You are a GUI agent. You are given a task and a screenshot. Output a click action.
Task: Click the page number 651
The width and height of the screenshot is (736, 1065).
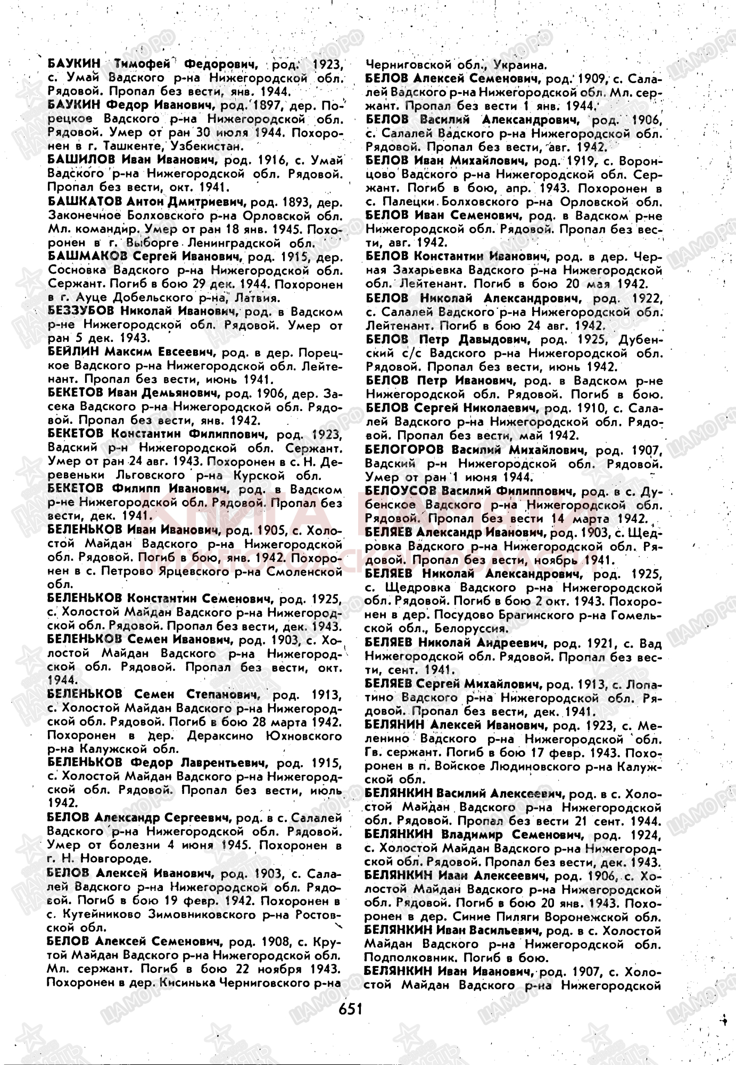350,1009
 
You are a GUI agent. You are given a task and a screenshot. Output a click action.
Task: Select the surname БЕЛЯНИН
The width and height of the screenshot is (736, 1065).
394,725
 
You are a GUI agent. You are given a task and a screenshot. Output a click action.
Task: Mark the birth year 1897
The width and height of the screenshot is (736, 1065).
253,104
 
